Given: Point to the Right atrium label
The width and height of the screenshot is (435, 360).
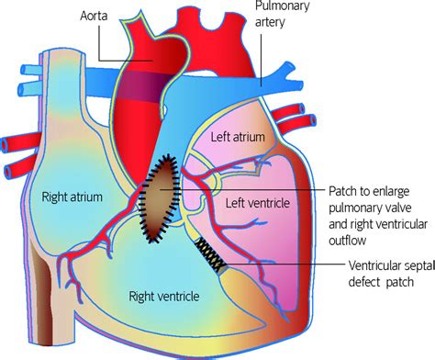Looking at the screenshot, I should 70,196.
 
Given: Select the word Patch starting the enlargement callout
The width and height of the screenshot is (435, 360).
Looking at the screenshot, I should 344,192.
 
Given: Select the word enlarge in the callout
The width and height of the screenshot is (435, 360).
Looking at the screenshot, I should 394,192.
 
